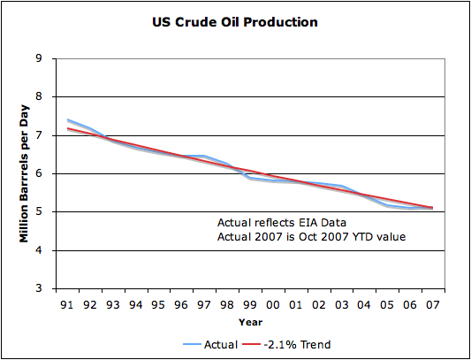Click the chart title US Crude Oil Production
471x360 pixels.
pyautogui.click(x=235, y=23)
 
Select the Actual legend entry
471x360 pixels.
pyautogui.click(x=210, y=344)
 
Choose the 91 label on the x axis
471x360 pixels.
pyautogui.click(x=67, y=305)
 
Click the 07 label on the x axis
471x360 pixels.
pyautogui.click(x=433, y=305)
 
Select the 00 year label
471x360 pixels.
pyautogui.click(x=273, y=305)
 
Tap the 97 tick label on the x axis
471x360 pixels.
pyautogui.click(x=204, y=305)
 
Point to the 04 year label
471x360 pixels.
pyautogui.click(x=364, y=305)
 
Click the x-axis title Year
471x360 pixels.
pyautogui.click(x=250, y=323)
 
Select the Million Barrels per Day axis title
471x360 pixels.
pyautogui.click(x=24, y=174)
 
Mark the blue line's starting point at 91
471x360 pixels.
pyautogui.click(x=67, y=119)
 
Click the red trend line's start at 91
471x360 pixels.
pyautogui.click(x=67, y=128)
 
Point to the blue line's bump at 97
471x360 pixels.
pyautogui.click(x=204, y=156)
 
